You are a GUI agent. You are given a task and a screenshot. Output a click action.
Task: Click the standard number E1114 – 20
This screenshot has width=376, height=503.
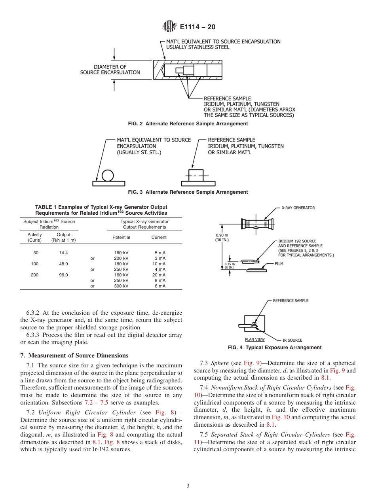(x=197, y=27)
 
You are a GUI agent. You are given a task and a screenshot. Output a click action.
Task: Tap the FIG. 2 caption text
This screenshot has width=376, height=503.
(x=188, y=124)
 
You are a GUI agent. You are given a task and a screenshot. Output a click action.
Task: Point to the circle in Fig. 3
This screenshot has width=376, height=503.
(x=107, y=175)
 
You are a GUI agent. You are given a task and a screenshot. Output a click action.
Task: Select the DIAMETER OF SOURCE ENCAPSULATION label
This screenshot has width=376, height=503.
(x=110, y=70)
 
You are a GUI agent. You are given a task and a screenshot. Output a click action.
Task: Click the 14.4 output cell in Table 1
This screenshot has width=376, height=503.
(x=63, y=253)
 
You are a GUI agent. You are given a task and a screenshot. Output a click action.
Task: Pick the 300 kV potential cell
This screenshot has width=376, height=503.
(x=121, y=286)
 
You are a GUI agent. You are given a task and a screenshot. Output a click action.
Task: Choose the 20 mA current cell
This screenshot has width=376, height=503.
(x=160, y=275)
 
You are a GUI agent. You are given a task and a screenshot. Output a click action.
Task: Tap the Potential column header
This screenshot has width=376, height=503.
(x=121, y=237)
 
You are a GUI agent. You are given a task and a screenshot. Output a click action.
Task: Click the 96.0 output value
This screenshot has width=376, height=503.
(x=63, y=275)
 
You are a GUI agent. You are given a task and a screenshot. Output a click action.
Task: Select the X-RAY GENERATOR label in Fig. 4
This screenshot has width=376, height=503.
(x=298, y=208)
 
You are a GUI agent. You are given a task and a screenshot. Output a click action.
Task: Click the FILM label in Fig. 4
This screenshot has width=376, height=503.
(x=279, y=263)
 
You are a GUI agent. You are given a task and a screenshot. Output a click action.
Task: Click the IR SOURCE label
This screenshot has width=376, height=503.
(x=292, y=340)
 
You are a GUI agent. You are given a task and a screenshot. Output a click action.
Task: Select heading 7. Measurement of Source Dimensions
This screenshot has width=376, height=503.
(x=74, y=355)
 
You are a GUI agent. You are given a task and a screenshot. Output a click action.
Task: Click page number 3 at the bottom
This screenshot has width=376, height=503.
(x=188, y=486)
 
